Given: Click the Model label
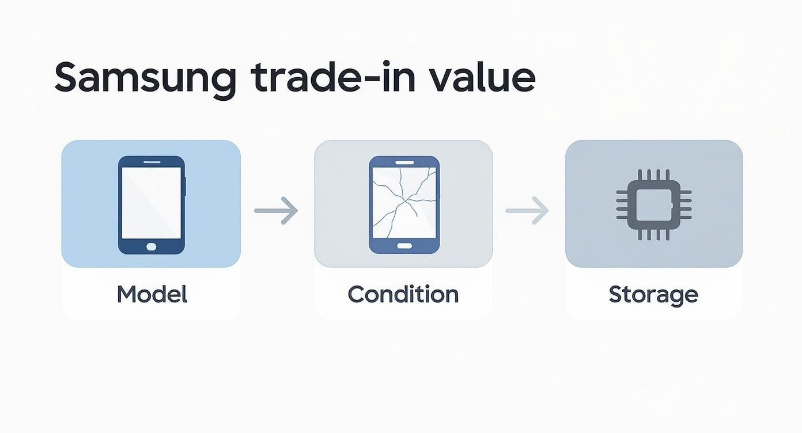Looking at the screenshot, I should [152, 294].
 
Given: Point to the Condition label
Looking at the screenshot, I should [403, 294].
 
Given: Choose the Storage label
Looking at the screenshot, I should [653, 294].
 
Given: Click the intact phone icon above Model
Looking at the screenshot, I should [152, 205].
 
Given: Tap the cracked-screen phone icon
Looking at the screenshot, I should [404, 204].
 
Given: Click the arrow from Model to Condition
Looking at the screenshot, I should [276, 211].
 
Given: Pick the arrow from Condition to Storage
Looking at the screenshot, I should [527, 211].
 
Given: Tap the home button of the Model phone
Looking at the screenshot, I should [152, 246].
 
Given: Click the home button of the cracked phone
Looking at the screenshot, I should [404, 246].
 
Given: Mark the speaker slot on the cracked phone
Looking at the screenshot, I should [404, 162].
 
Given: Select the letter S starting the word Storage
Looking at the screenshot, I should [615, 294].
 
